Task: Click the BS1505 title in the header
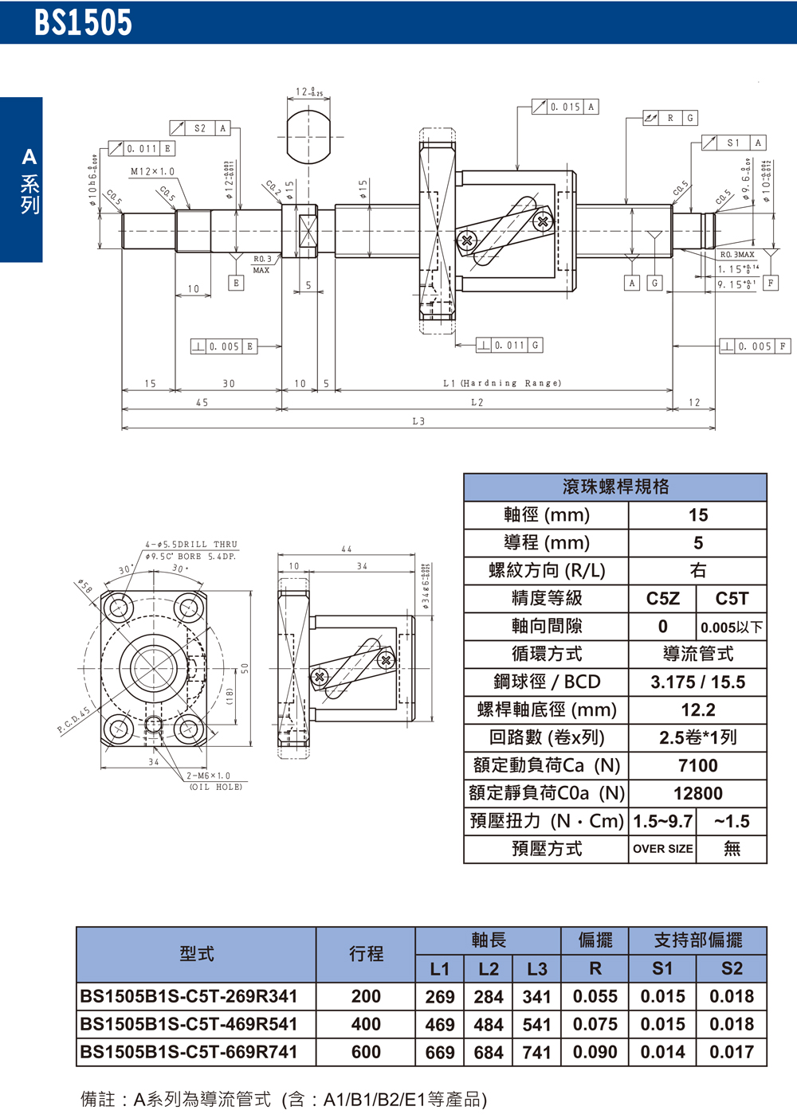83,22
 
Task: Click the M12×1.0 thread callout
152,172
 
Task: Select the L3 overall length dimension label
418,421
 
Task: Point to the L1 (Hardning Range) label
502,383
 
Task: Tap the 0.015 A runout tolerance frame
565,107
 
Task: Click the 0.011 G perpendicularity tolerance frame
509,345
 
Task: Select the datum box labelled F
770,283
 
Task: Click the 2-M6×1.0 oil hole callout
208,776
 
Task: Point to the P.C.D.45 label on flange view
73,719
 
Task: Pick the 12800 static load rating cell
697,793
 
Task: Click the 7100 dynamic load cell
697,765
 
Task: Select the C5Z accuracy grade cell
662,599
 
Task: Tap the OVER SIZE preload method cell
662,849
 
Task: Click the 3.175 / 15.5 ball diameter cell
697,682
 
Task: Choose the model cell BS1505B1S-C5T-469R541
189,1024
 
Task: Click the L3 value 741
536,1052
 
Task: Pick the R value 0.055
595,996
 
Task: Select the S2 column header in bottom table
731,968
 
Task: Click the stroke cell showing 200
366,996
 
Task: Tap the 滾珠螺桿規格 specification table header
615,487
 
